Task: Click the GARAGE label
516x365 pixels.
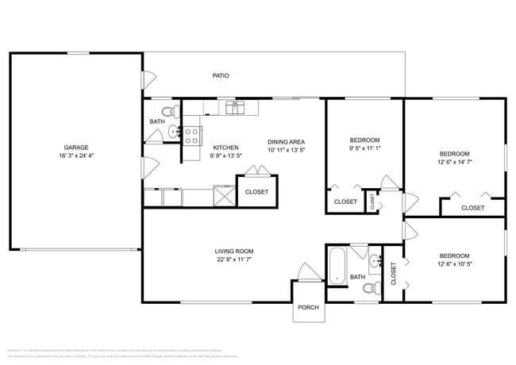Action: [x=76, y=147]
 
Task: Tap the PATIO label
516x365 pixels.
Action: [x=221, y=76]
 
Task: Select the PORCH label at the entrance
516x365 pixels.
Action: [x=308, y=308]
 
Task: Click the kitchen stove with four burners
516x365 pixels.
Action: [x=192, y=136]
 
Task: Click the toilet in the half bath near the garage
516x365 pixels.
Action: [x=168, y=110]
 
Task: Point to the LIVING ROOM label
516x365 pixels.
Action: [x=234, y=252]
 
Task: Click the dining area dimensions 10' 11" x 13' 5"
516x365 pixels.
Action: [x=287, y=149]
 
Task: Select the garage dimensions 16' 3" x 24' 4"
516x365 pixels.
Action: [x=76, y=156]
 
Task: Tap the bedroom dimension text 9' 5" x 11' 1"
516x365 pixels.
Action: [x=365, y=148]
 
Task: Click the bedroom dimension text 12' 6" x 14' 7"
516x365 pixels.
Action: [x=454, y=163]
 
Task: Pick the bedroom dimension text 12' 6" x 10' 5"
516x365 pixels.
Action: [x=454, y=263]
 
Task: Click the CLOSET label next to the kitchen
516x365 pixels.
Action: [x=256, y=192]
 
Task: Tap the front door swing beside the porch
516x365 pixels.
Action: [x=306, y=273]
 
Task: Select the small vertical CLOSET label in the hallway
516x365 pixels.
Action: [x=372, y=202]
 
